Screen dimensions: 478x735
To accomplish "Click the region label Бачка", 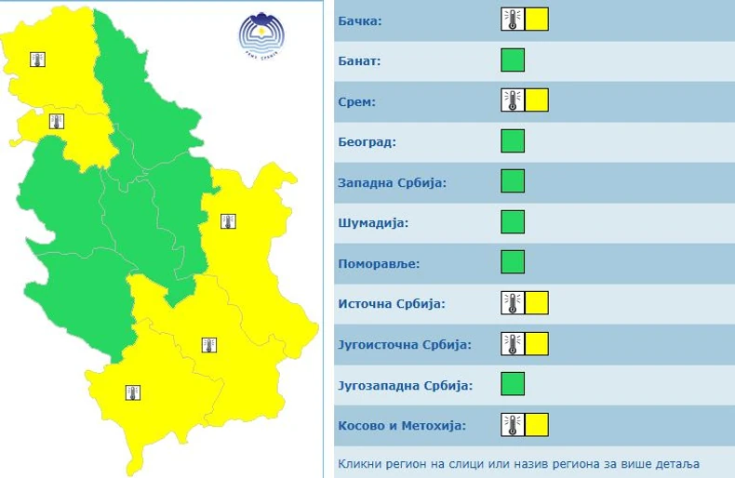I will click(x=361, y=20).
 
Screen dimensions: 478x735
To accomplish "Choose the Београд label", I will click(x=367, y=142).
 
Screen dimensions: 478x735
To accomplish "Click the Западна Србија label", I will click(x=393, y=182).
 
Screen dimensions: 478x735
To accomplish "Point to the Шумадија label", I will click(x=373, y=223).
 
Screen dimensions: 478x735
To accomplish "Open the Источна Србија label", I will click(x=392, y=304).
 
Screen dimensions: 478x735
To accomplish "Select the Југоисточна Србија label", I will click(x=405, y=344).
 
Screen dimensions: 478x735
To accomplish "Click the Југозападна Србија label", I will click(x=406, y=385).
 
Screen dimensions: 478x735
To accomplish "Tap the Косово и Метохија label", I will click(x=402, y=426).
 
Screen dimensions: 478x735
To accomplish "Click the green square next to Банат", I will click(x=513, y=60).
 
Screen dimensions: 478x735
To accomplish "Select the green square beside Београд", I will click(x=513, y=141).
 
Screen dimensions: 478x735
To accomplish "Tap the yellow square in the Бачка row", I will click(x=537, y=20).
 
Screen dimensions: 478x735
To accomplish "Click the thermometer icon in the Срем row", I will click(x=512, y=100).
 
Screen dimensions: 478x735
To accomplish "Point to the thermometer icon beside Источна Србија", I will click(x=512, y=303).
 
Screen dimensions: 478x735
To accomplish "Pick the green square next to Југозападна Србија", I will click(x=513, y=384).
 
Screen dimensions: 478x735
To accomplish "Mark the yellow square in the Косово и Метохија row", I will click(x=537, y=425).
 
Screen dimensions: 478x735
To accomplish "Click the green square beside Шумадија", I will click(x=513, y=222).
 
